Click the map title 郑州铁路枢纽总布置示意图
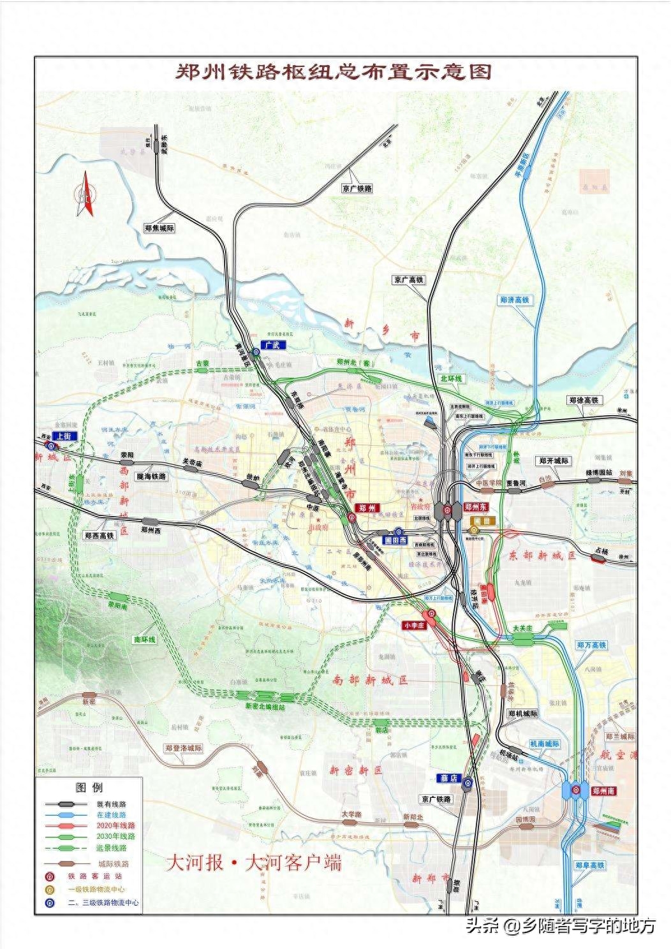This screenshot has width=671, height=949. [334, 71]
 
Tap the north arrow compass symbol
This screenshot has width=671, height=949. [84, 195]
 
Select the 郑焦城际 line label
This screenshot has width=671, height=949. [159, 228]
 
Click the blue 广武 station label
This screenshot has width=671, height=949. [273, 344]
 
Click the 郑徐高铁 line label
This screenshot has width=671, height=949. [584, 401]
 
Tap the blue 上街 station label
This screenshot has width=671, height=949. [64, 436]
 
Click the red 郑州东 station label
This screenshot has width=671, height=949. [476, 507]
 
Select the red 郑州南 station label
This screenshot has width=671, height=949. [603, 791]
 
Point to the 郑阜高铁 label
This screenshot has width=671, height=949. [589, 865]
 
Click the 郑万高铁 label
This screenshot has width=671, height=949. [591, 645]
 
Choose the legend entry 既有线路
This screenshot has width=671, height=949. [112, 805]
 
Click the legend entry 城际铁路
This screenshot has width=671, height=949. [114, 864]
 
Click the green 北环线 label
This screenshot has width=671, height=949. [452, 379]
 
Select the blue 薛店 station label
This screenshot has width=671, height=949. [450, 778]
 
